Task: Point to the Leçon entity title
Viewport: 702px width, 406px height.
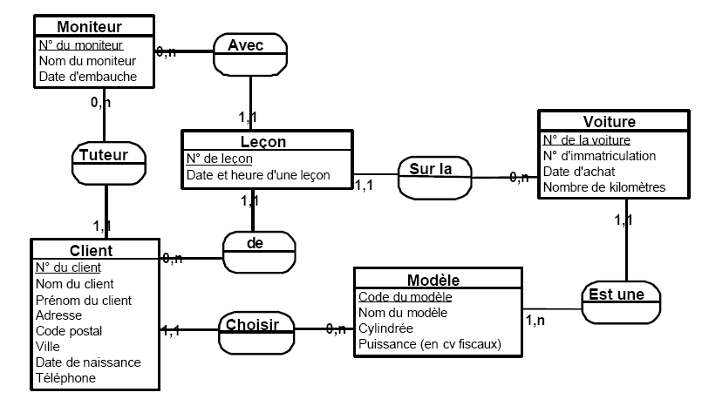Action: [x=262, y=141]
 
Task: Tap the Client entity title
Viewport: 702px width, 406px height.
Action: [x=94, y=251]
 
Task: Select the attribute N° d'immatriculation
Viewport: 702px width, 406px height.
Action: [x=598, y=156]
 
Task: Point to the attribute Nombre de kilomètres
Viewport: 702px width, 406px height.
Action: [x=603, y=187]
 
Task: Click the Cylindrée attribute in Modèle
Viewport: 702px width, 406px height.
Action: [x=386, y=328]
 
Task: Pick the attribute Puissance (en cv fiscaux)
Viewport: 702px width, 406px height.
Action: [x=430, y=344]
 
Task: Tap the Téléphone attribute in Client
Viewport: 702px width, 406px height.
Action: [x=65, y=378]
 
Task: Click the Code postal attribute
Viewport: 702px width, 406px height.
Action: [x=69, y=331]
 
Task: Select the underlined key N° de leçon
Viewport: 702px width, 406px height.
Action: [x=220, y=159]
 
